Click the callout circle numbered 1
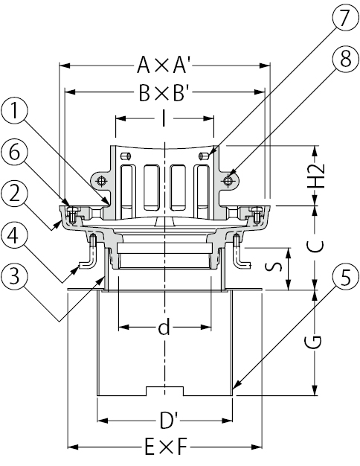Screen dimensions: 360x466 15,112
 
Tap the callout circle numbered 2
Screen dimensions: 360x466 15,195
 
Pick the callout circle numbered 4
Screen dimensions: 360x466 15,236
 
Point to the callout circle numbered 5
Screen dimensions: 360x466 345,278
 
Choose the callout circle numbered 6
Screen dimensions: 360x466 15,153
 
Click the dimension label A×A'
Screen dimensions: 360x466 163,65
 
